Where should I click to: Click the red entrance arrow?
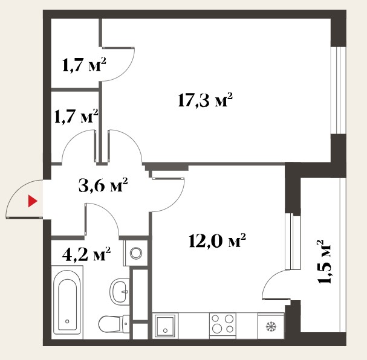point(33,201)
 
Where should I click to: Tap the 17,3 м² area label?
point(205,100)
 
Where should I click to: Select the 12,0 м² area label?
point(217,240)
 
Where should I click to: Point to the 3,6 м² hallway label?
point(103,185)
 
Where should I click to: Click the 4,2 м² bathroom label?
point(86,254)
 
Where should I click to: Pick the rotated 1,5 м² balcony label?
point(323,262)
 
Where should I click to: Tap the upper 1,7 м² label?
point(84,65)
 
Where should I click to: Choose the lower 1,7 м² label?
point(76,116)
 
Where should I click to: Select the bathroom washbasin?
point(120,292)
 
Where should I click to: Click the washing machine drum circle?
point(136,253)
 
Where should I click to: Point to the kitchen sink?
point(165,326)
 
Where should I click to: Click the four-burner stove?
point(222,324)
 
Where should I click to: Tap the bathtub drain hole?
point(67,321)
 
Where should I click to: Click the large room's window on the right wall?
point(338,90)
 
